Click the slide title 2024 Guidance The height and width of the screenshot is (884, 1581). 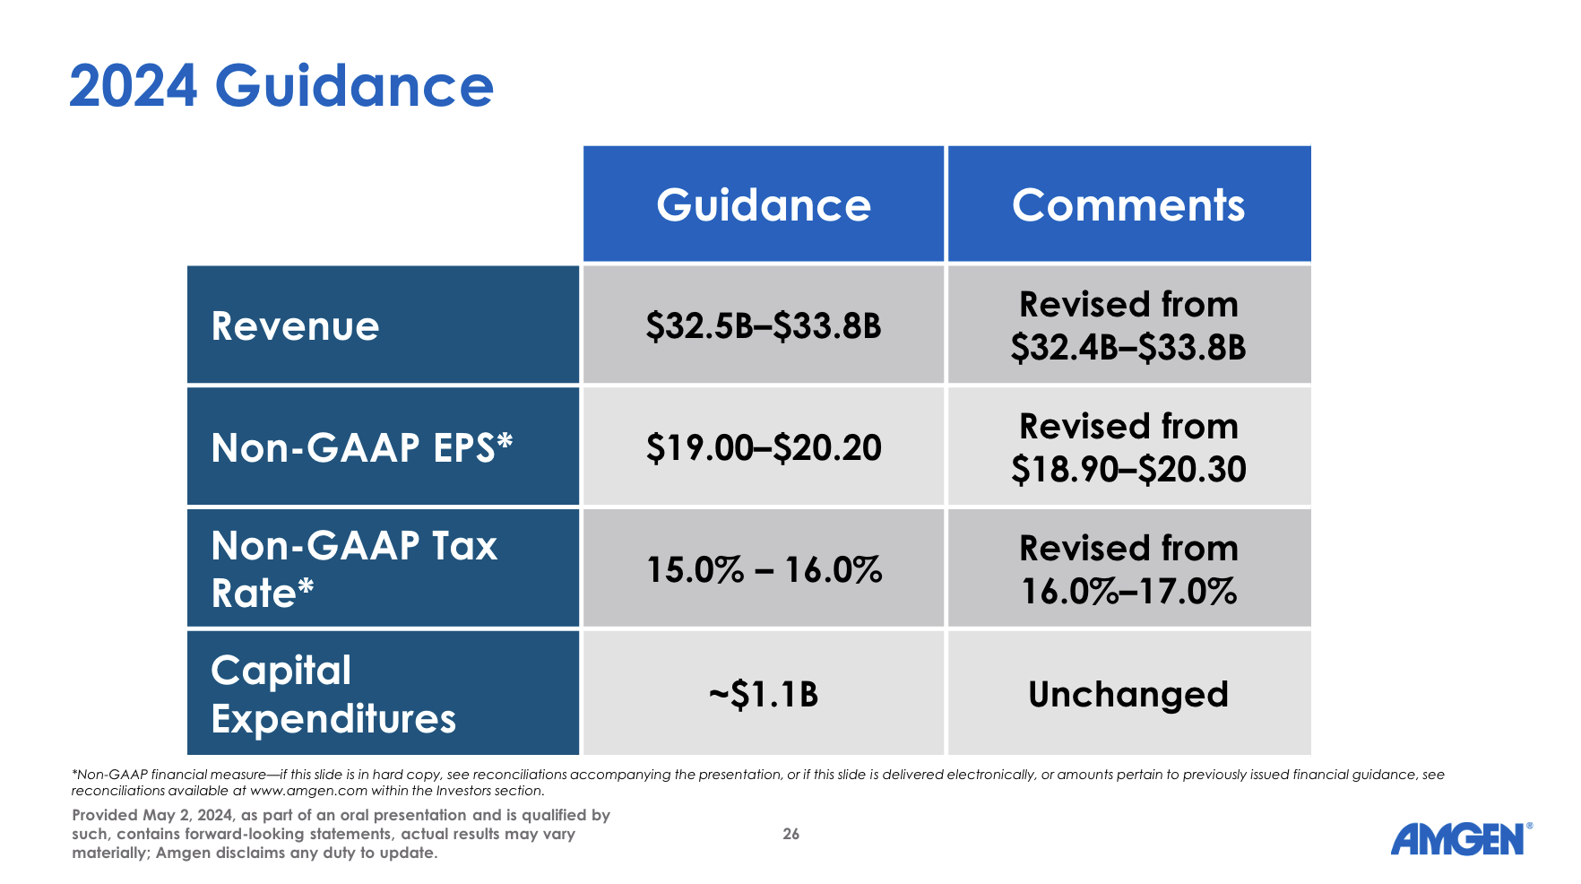281,86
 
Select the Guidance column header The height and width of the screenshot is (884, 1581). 764,205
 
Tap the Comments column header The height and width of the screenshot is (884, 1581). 1128,205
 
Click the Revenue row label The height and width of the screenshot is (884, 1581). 295,325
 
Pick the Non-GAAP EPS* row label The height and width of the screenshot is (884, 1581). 361,447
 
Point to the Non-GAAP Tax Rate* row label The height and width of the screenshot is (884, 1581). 353,569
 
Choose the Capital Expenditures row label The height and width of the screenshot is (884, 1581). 333,694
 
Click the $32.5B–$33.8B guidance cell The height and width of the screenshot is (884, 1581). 764,325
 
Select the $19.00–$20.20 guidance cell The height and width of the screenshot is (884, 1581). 764,447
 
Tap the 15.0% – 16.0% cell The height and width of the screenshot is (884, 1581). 764,569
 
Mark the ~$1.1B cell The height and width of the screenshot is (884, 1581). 764,694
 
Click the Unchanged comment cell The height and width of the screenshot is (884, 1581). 1128,694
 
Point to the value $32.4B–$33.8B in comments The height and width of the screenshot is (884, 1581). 1128,348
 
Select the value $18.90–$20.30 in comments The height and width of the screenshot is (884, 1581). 1128,470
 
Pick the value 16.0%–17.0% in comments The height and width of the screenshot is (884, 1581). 1128,592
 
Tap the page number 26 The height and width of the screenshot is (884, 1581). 790,834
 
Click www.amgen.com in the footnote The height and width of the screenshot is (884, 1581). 308,791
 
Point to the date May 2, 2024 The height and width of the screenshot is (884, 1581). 187,815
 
